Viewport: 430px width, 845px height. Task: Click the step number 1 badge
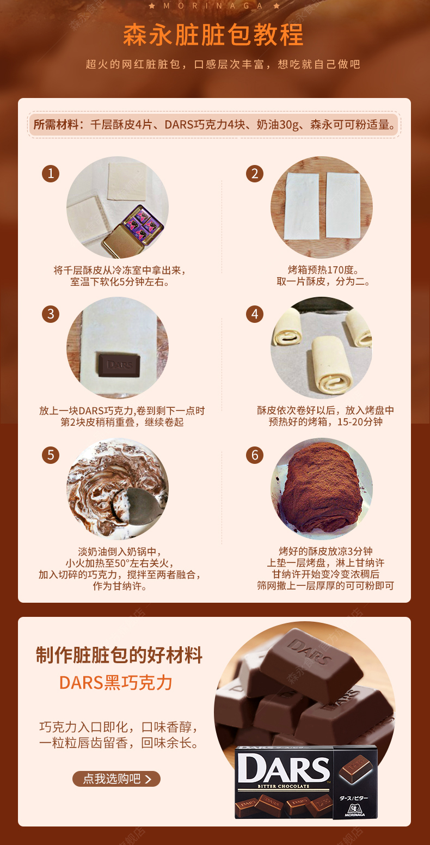51,174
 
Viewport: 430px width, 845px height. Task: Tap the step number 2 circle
255,174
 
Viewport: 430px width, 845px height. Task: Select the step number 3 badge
51,314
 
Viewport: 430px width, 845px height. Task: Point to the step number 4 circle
255,314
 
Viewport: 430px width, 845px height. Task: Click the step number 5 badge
51,455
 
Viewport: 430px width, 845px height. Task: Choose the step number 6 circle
255,455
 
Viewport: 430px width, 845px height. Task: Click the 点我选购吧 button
116,779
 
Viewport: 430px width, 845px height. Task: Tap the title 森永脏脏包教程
213,35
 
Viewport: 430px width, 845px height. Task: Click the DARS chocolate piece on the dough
120,365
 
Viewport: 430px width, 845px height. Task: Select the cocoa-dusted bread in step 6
320,488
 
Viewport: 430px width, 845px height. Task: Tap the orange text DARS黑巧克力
116,683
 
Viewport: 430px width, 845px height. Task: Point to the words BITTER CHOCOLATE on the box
283,786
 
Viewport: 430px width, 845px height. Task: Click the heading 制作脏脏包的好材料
119,655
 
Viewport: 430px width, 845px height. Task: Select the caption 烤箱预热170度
323,270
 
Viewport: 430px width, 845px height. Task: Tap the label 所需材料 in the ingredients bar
56,124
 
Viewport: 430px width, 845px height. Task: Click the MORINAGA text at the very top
213,6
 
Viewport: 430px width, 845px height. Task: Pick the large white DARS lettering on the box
283,768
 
